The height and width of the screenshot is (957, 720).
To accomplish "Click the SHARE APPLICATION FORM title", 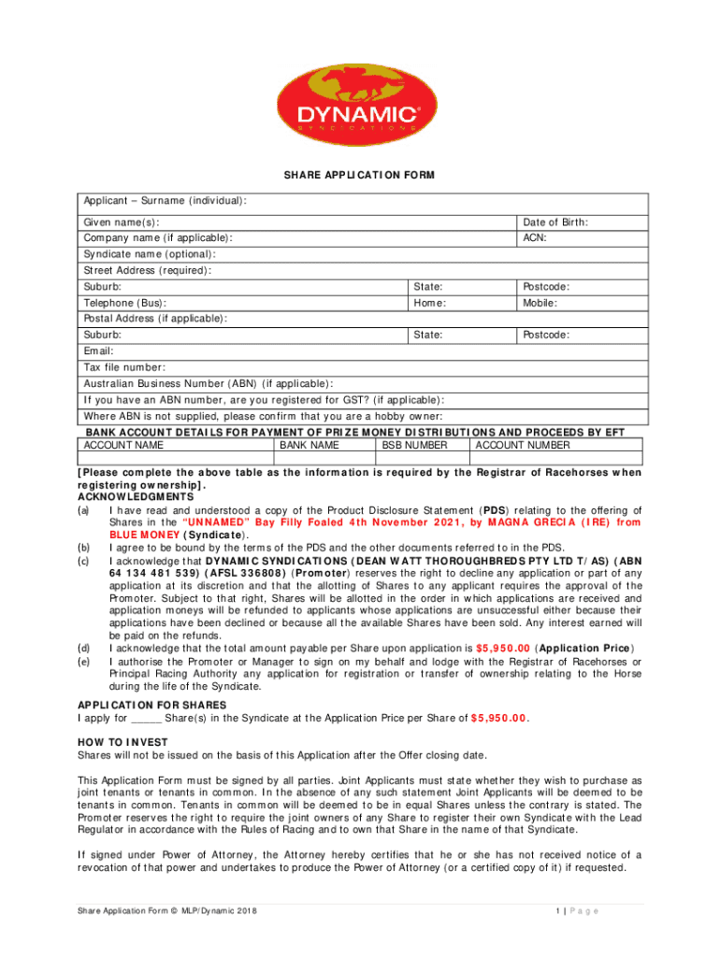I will pos(360,176).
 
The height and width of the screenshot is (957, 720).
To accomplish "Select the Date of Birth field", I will pos(583,222).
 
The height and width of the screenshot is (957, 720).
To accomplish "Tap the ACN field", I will pos(583,238).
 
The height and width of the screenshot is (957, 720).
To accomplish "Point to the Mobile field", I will pos(583,303).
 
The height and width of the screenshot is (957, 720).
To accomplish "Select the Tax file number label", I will pos(124,367).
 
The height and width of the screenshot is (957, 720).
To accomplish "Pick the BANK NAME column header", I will pos(310,446).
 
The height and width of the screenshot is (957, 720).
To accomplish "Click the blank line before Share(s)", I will pos(147,719).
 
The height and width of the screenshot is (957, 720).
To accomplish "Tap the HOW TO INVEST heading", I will pos(122,742).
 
